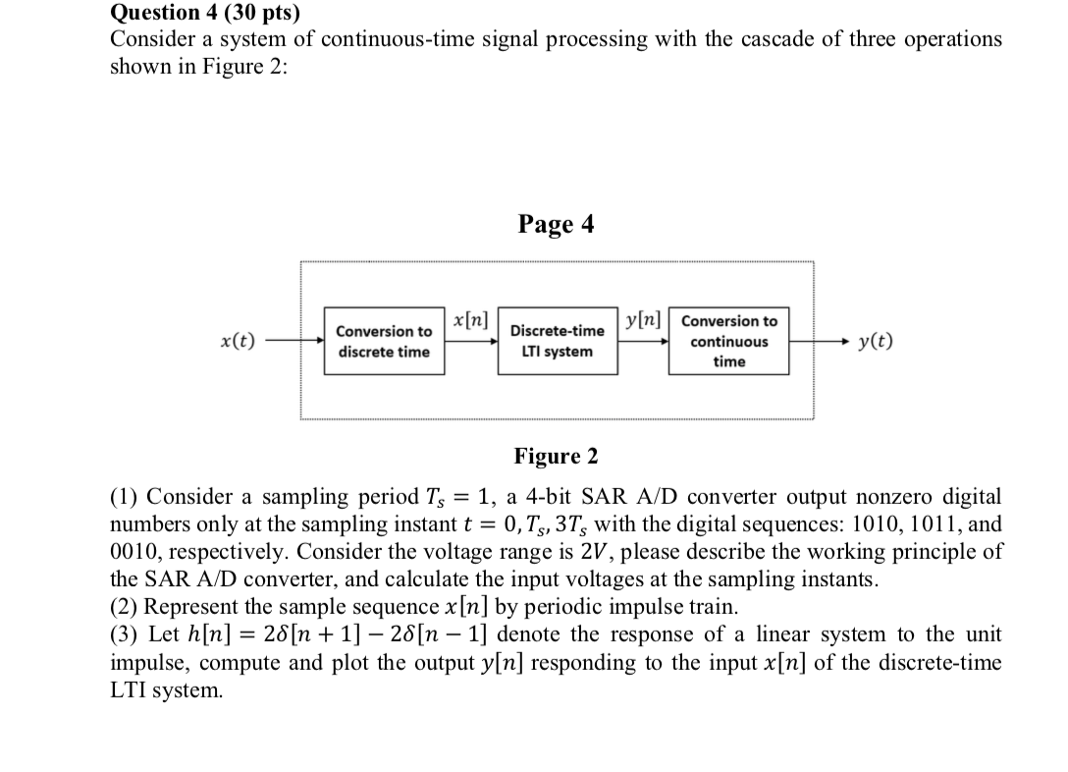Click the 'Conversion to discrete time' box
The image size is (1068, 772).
384,341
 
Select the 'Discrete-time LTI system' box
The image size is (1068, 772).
559,341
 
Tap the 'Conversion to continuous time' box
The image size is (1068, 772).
728,341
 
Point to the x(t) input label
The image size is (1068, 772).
238,342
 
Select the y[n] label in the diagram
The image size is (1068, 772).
644,320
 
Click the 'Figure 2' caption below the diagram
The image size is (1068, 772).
556,457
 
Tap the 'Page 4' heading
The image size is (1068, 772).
556,225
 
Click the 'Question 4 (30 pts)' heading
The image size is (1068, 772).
205,13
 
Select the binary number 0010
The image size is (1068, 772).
137,551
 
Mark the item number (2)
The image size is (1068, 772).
125,606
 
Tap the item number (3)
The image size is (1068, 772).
125,634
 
